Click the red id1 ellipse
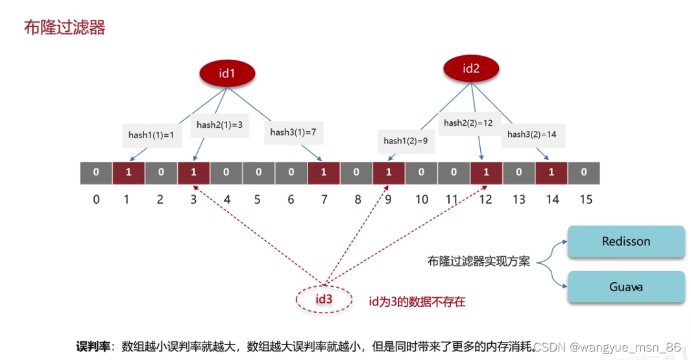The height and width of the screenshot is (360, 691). pos(226,73)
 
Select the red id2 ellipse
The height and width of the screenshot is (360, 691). pos(471,68)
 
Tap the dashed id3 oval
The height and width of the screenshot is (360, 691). pos(324,299)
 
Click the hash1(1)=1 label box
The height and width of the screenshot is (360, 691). pos(151,135)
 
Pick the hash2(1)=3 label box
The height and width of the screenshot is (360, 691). pos(219,125)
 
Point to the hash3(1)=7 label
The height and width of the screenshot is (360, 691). pos(293,132)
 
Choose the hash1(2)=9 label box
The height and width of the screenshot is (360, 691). pos(406,141)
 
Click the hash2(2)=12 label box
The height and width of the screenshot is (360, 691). pos(468,123)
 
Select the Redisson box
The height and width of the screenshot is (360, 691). pos(626,241)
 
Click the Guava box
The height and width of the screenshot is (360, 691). pos(626,286)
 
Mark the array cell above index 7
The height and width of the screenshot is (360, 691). pos(324,173)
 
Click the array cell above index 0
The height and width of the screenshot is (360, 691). pos(96,173)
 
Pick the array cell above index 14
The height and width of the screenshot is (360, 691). pos(552,173)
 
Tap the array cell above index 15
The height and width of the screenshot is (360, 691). pos(584,173)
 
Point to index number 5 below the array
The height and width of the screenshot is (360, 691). pos(258,199)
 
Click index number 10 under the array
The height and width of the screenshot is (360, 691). pos(422,199)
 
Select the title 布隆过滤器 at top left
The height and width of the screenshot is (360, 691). pos(64,27)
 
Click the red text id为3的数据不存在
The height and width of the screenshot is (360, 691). pos(417,301)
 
